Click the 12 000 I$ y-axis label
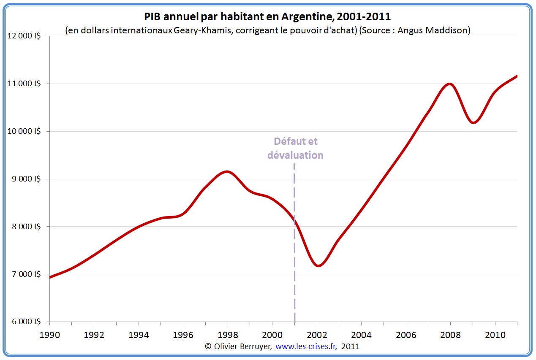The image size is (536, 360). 24,36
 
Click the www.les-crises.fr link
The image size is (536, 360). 305,346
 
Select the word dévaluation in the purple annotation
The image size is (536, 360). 295,155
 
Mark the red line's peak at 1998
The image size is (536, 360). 228,171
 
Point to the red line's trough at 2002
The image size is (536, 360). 318,265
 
